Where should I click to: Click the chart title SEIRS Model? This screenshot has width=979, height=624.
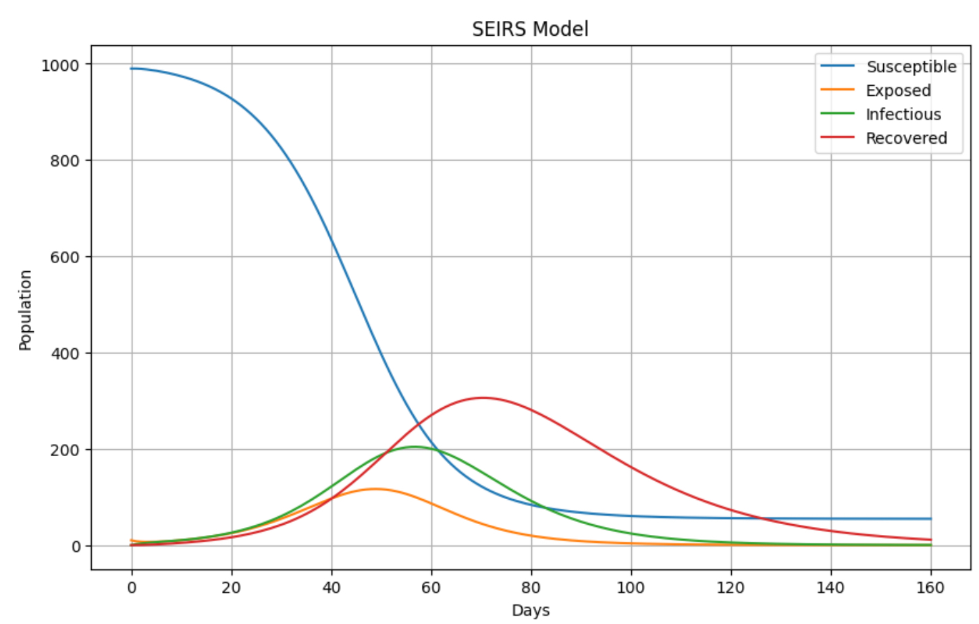[x=530, y=29]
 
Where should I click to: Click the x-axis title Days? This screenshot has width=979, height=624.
[x=530, y=611]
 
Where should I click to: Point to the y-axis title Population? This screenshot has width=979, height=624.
[x=25, y=310]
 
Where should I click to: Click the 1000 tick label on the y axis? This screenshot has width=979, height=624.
[x=60, y=65]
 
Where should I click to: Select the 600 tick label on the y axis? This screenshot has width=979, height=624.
[x=65, y=257]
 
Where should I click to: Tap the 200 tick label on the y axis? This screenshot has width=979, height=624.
[x=65, y=450]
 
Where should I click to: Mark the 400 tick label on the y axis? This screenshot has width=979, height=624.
[x=65, y=353]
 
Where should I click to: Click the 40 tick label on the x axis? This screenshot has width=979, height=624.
[x=331, y=588]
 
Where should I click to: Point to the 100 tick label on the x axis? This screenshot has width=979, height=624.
[x=631, y=588]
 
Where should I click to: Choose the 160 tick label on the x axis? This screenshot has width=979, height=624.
[x=930, y=588]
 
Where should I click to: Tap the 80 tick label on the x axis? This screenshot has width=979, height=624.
[x=531, y=588]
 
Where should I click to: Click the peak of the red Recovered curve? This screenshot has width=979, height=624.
[x=481, y=398]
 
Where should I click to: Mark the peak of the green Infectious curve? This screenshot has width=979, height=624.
[x=414, y=447]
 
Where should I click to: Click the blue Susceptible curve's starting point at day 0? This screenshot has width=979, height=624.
[x=132, y=69]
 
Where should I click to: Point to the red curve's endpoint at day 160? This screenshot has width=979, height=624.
[x=930, y=540]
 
